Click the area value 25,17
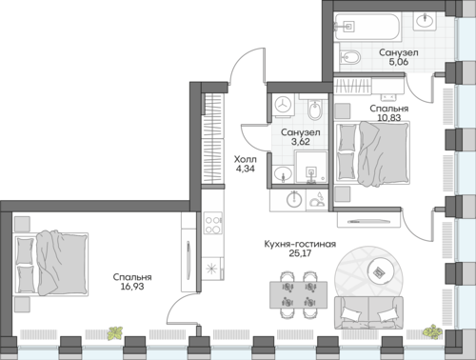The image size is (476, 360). pyautogui.click(x=300, y=253)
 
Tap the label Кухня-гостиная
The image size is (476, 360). pyautogui.click(x=300, y=244)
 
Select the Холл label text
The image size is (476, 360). pyautogui.click(x=245, y=159)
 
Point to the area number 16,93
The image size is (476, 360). pyautogui.click(x=132, y=287)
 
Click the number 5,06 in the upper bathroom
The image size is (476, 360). pyautogui.click(x=399, y=62)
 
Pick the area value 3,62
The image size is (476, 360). pyautogui.click(x=300, y=141)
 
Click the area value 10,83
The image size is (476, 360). pyautogui.click(x=389, y=117)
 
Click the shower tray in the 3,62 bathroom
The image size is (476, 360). pyautogui.click(x=311, y=168)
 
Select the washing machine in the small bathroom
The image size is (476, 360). pyautogui.click(x=283, y=105)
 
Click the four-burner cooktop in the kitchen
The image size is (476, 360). pyautogui.click(x=212, y=225)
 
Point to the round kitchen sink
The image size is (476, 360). pyautogui.click(x=294, y=200)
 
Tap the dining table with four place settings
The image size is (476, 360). pyautogui.click(x=298, y=294)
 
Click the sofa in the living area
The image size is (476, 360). pyautogui.click(x=368, y=312)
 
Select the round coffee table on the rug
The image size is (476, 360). pyautogui.click(x=381, y=270)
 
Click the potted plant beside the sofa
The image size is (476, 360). pyautogui.click(x=432, y=331)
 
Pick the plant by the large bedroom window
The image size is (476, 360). pyautogui.click(x=115, y=333)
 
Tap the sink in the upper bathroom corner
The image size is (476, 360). pyautogui.click(x=425, y=21)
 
